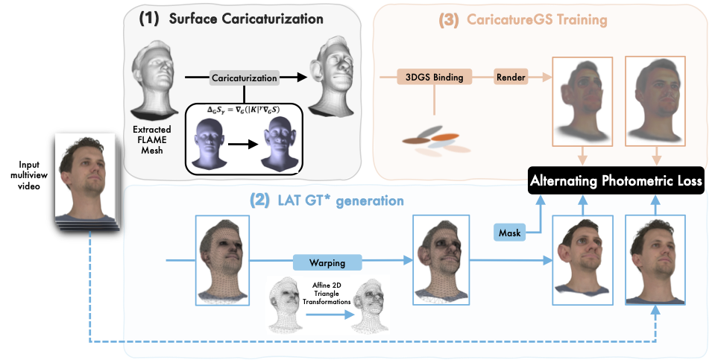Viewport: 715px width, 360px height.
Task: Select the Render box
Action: [x=512, y=78]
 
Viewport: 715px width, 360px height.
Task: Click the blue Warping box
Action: [x=327, y=262]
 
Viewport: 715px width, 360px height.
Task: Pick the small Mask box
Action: [x=511, y=233]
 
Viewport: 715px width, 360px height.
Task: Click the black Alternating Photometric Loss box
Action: [x=617, y=180]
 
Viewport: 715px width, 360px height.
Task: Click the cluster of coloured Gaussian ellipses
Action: [x=431, y=141]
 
